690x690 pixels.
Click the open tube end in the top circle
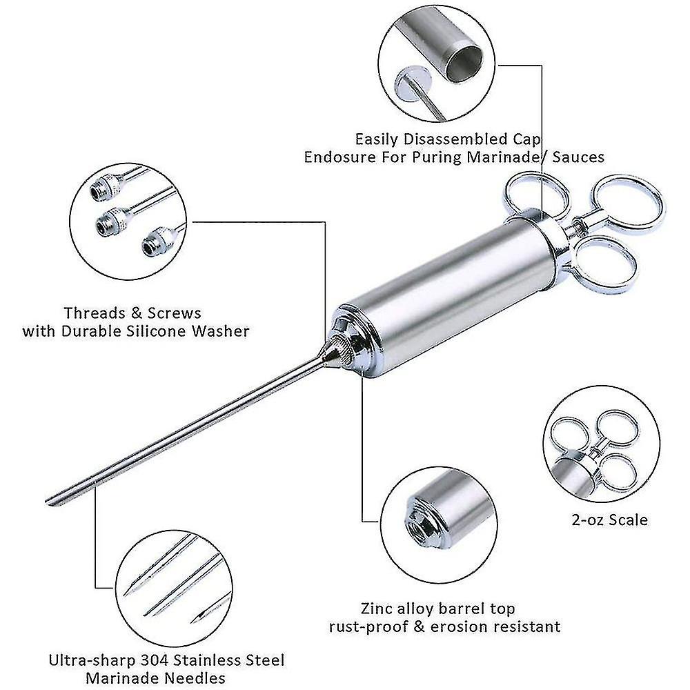coord(464,63)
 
